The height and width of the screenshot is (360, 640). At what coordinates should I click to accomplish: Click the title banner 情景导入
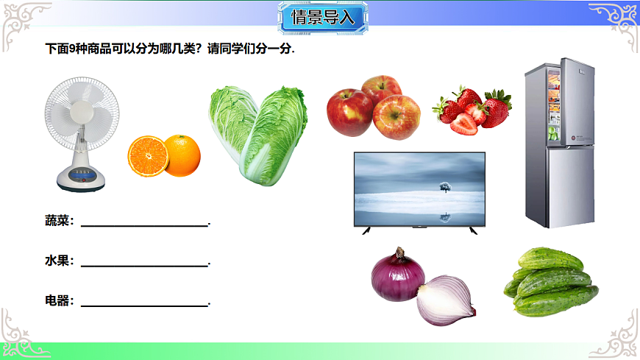[x=323, y=18]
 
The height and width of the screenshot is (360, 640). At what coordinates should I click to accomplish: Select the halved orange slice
[x=147, y=155]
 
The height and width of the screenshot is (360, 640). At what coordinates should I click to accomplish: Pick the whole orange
[x=182, y=155]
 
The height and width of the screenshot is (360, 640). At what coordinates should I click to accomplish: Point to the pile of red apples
[x=374, y=108]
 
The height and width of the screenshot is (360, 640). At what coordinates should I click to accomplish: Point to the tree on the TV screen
[x=444, y=187]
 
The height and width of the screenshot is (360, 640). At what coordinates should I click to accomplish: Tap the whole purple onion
[x=397, y=276]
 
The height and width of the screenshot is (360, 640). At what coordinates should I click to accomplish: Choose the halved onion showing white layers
[x=446, y=300]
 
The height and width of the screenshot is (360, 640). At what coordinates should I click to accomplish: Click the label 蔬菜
[x=59, y=221]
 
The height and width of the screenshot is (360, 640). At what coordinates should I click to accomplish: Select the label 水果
[x=59, y=261]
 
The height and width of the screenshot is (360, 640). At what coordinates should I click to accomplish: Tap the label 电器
[x=59, y=301]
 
